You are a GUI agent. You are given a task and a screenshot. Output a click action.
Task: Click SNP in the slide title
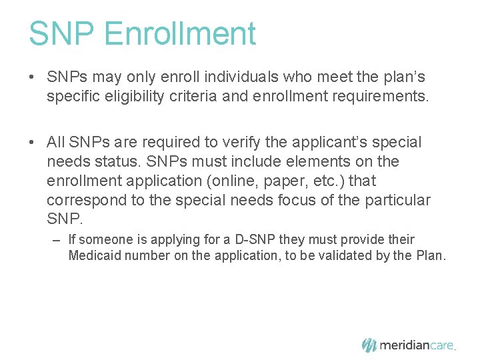(x=62, y=33)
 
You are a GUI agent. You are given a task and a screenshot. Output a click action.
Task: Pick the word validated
(x=337, y=255)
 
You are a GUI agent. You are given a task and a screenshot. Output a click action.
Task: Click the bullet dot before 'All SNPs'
(x=33, y=143)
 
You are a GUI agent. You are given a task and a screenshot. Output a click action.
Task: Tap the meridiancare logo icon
(x=369, y=345)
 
